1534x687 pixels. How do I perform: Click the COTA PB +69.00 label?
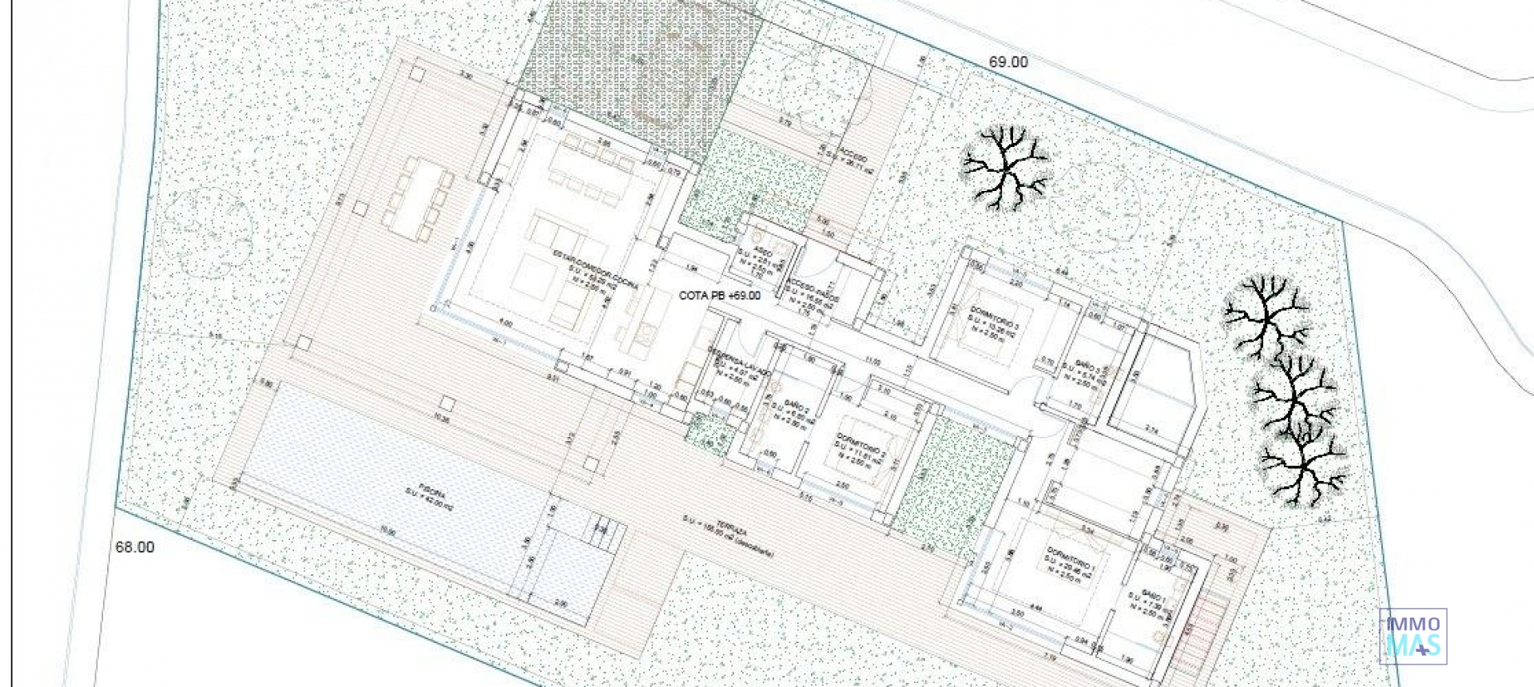point(719,296)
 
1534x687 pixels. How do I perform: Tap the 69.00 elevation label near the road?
point(1008,62)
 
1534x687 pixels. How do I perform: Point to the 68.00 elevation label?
point(135,547)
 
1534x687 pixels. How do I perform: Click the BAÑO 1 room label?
point(1154,595)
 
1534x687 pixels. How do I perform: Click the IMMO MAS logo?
point(1413,637)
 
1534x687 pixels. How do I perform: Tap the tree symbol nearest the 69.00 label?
point(1005,168)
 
